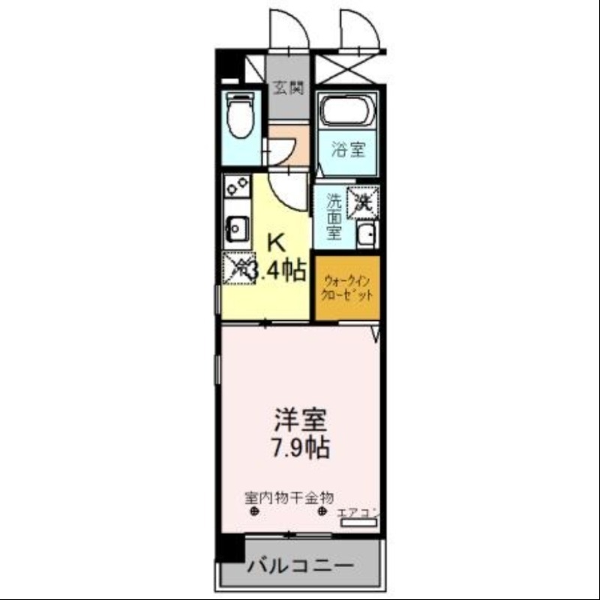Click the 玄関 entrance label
click(x=288, y=88)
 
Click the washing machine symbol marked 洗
click(x=364, y=201)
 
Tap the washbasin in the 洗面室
click(x=367, y=234)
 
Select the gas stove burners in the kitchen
click(x=237, y=184)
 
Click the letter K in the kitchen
click(x=276, y=242)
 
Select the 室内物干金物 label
click(x=289, y=497)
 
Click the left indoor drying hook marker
click(x=254, y=512)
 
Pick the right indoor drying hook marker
click(x=322, y=512)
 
